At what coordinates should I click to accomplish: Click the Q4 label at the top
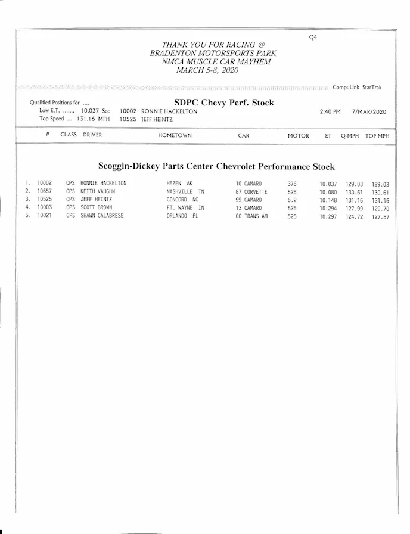pyautogui.click(x=313, y=37)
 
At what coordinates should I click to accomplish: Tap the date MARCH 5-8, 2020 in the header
pyautogui.click(x=208, y=70)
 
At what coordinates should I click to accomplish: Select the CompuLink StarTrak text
pyautogui.click(x=357, y=88)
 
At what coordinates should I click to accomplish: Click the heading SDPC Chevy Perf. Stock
pyautogui.click(x=224, y=103)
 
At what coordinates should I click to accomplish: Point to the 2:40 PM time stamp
pyautogui.click(x=330, y=111)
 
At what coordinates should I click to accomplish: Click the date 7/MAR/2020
pyautogui.click(x=369, y=111)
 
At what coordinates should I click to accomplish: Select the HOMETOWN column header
pyautogui.click(x=175, y=135)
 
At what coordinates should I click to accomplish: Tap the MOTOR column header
pyautogui.click(x=299, y=136)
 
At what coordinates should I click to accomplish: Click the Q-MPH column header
pyautogui.click(x=350, y=136)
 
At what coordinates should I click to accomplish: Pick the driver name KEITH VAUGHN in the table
pyautogui.click(x=98, y=192)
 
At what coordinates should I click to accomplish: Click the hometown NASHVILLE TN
pyautogui.click(x=185, y=192)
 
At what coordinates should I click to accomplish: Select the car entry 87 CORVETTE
pyautogui.click(x=251, y=192)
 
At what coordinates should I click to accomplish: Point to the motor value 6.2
pyautogui.click(x=292, y=200)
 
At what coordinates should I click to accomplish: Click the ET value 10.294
pyautogui.click(x=328, y=208)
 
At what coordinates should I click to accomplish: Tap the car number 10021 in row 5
pyautogui.click(x=45, y=216)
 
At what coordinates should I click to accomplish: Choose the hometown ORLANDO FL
pyautogui.click(x=182, y=216)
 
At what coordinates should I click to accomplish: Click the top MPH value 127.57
pyautogui.click(x=380, y=216)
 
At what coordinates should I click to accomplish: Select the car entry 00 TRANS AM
pyautogui.click(x=251, y=216)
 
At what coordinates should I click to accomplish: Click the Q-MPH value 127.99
pyautogui.click(x=354, y=208)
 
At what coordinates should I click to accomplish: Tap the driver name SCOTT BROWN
pyautogui.click(x=96, y=208)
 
